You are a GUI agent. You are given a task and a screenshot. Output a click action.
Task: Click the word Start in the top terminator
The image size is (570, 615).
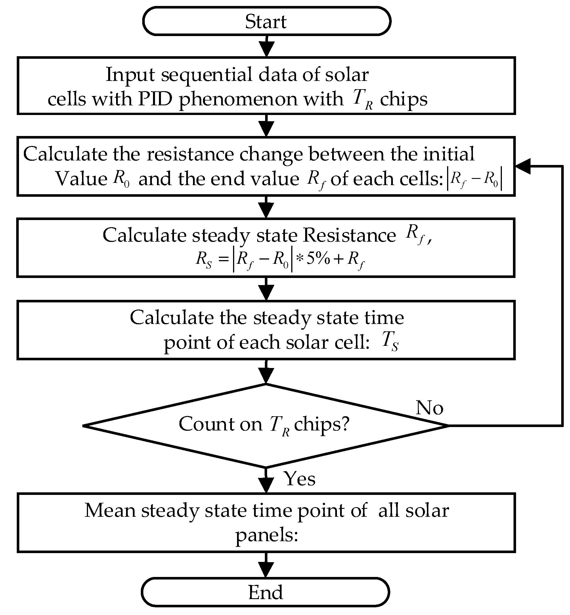click(266, 22)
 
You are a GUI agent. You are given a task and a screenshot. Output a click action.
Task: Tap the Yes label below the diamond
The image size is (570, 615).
click(299, 479)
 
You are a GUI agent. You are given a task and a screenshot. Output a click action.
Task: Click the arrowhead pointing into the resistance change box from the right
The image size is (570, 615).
click(523, 166)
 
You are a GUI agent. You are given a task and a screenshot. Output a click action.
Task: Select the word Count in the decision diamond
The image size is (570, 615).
click(205, 424)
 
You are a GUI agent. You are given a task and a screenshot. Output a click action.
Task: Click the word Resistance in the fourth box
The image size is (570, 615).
click(349, 235)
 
